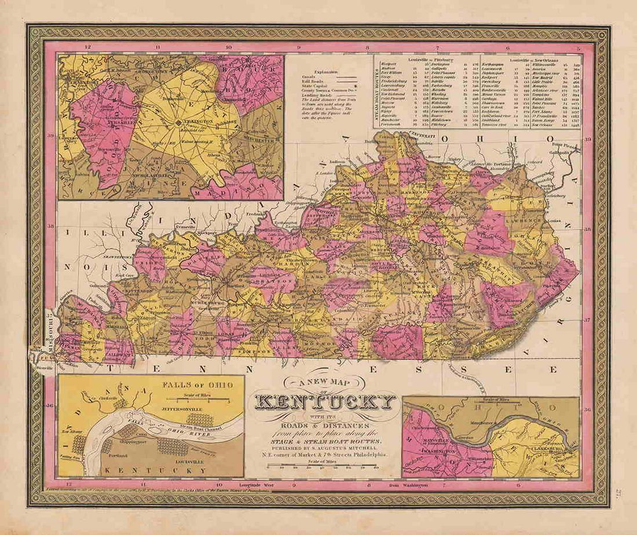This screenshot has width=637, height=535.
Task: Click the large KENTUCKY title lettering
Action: (325, 403)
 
